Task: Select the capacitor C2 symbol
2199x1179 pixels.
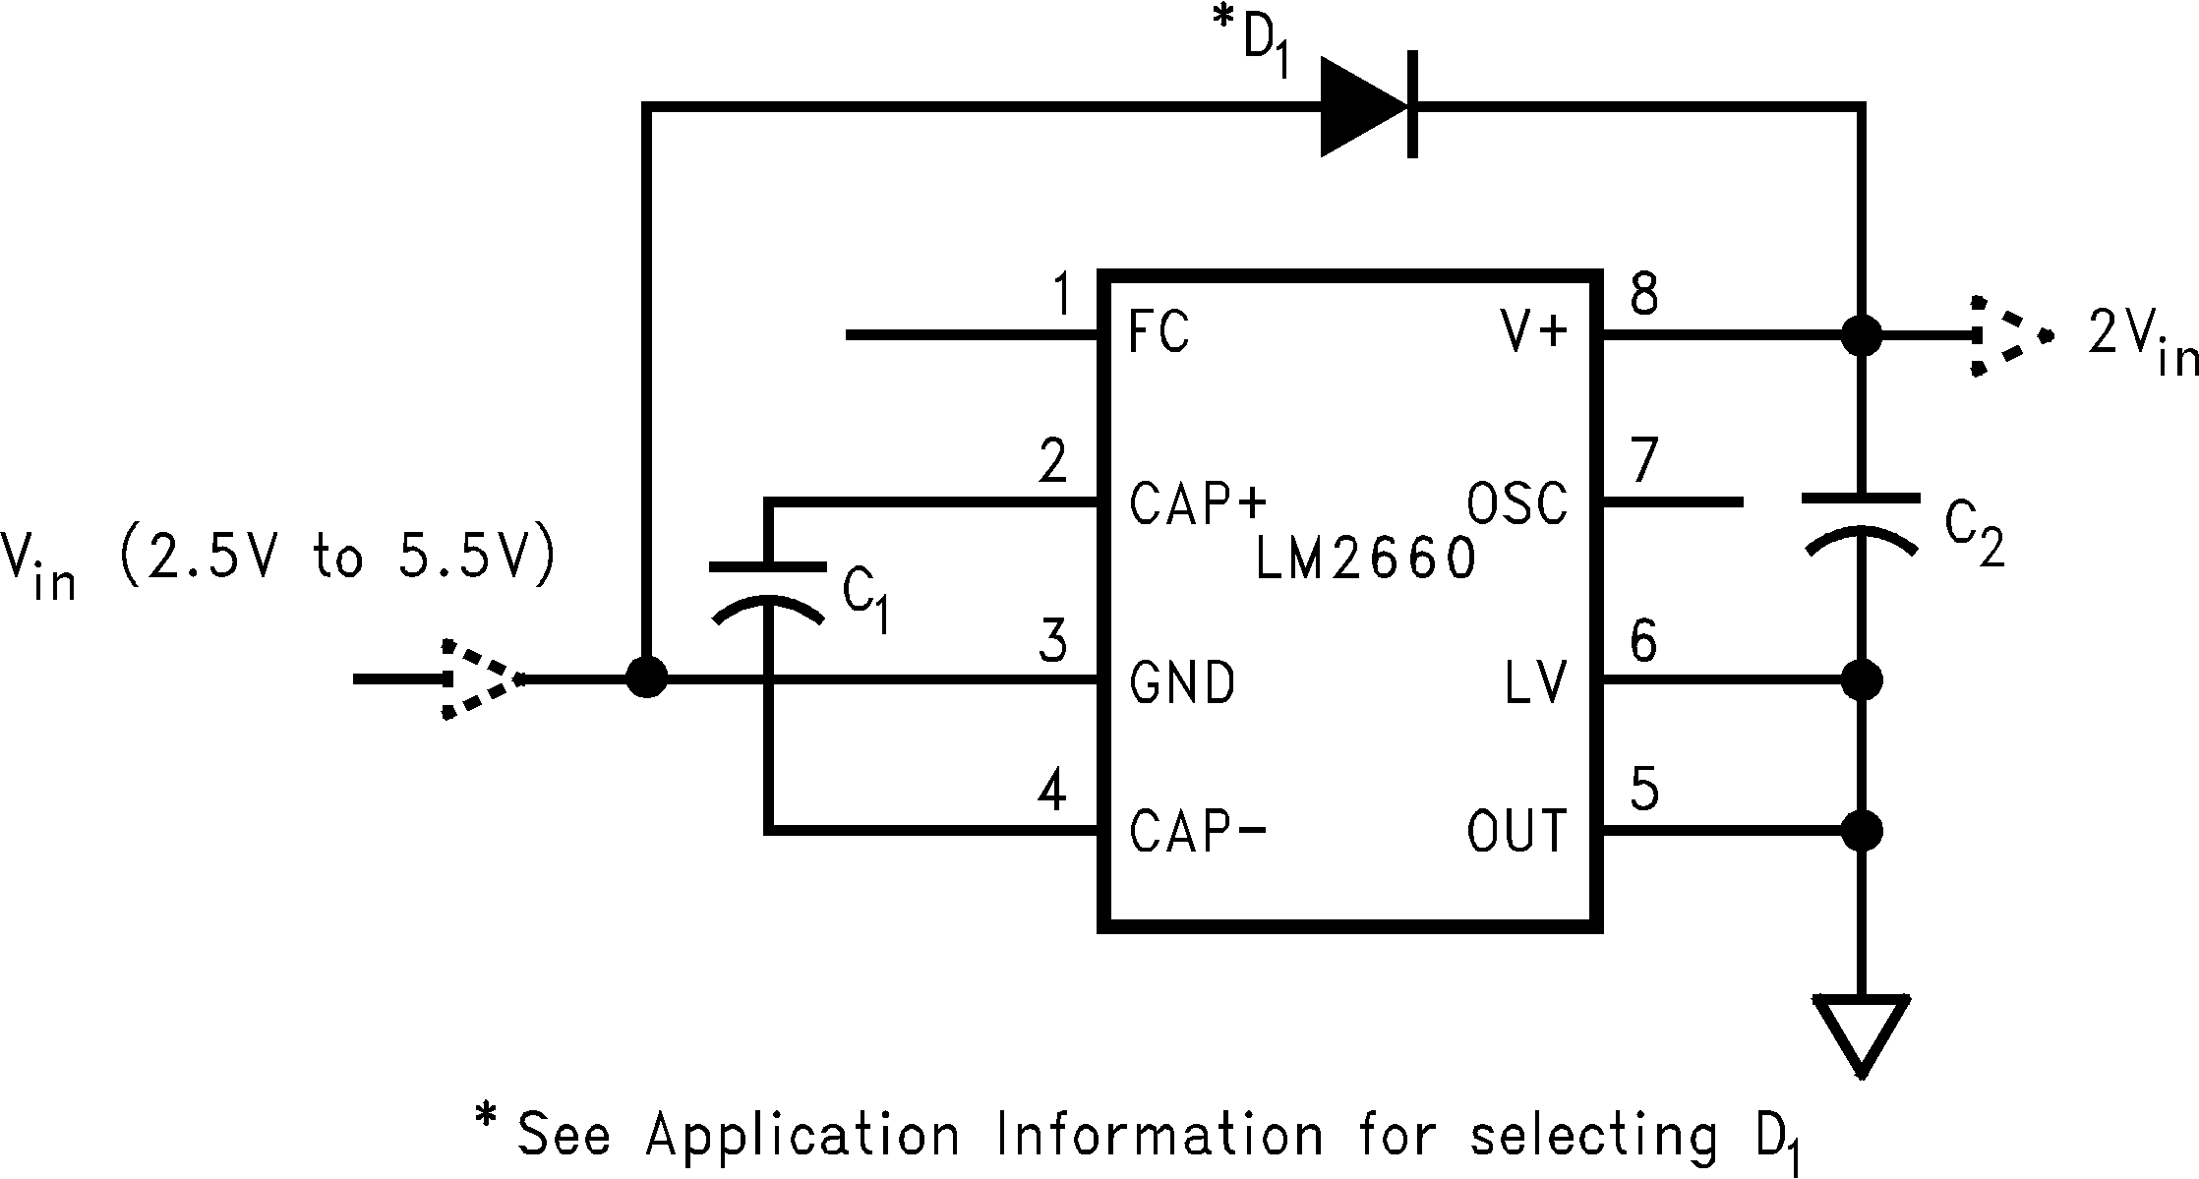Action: tap(1861, 525)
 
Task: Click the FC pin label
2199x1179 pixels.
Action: tap(1159, 332)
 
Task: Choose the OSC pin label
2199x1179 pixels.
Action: tap(1516, 503)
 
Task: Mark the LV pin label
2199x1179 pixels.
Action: tap(1534, 682)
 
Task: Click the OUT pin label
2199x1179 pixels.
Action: tap(1516, 831)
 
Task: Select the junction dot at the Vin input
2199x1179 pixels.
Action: tap(646, 678)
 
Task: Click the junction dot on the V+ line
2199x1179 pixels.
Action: tap(1861, 335)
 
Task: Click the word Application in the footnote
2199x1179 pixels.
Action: tap(802, 1136)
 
